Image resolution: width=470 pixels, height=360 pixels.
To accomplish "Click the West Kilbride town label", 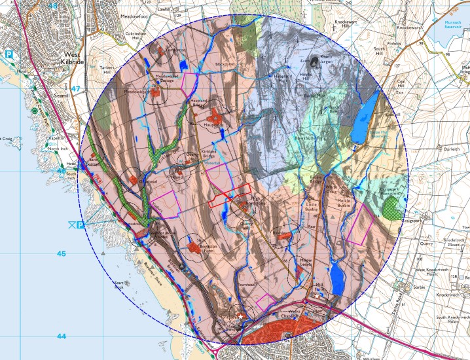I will coord(72,62).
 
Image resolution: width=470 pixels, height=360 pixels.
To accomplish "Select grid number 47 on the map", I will coord(76,88).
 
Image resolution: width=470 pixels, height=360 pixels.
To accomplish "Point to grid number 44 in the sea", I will coord(62,336).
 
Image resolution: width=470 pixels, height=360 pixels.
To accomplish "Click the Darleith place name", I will coord(434,149).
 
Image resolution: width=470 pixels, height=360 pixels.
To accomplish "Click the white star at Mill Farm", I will coord(317,296).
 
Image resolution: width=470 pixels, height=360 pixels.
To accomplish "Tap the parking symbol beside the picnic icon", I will coord(81,226).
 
